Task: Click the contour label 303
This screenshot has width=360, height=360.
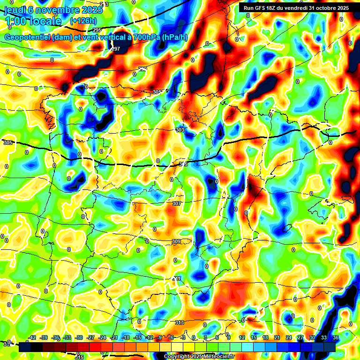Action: (180, 130)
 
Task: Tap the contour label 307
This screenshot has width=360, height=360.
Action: (176, 203)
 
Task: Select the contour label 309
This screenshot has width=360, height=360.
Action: (176, 241)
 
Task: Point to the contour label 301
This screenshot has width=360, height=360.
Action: (157, 92)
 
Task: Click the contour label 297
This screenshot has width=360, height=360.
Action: (116, 49)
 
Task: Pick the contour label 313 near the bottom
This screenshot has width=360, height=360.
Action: (180, 322)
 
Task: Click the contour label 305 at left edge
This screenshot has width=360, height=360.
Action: (7, 142)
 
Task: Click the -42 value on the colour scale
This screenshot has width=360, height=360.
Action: (32, 337)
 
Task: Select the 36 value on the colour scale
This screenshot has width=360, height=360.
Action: (335, 337)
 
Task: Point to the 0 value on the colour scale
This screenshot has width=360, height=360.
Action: (194, 337)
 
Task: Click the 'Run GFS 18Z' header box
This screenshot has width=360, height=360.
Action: (296, 8)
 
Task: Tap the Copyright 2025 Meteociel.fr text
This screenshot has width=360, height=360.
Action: (199, 356)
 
